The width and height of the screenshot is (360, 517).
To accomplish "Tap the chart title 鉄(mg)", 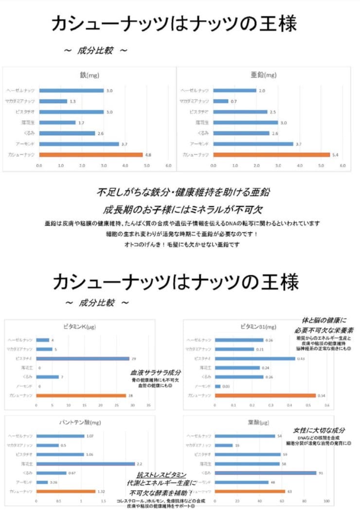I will click(x=90, y=75).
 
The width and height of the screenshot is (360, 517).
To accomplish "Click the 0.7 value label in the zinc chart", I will click(x=234, y=101).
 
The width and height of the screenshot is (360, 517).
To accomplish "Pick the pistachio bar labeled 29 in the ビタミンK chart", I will click(x=83, y=358).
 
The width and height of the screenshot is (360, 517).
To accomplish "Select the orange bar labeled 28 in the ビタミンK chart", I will click(x=81, y=395).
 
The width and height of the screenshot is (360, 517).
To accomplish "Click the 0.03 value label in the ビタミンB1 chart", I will click(x=226, y=386).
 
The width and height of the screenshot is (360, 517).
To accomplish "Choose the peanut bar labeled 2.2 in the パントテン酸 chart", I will click(x=86, y=464).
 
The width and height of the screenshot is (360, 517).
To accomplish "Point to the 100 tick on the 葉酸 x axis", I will click(x=326, y=501).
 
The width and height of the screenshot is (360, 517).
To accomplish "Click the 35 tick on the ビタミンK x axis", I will click(x=149, y=405).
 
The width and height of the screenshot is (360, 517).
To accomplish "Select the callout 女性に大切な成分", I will click(x=319, y=430).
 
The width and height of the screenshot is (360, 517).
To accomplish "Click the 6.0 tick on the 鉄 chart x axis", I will click(x=168, y=165).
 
